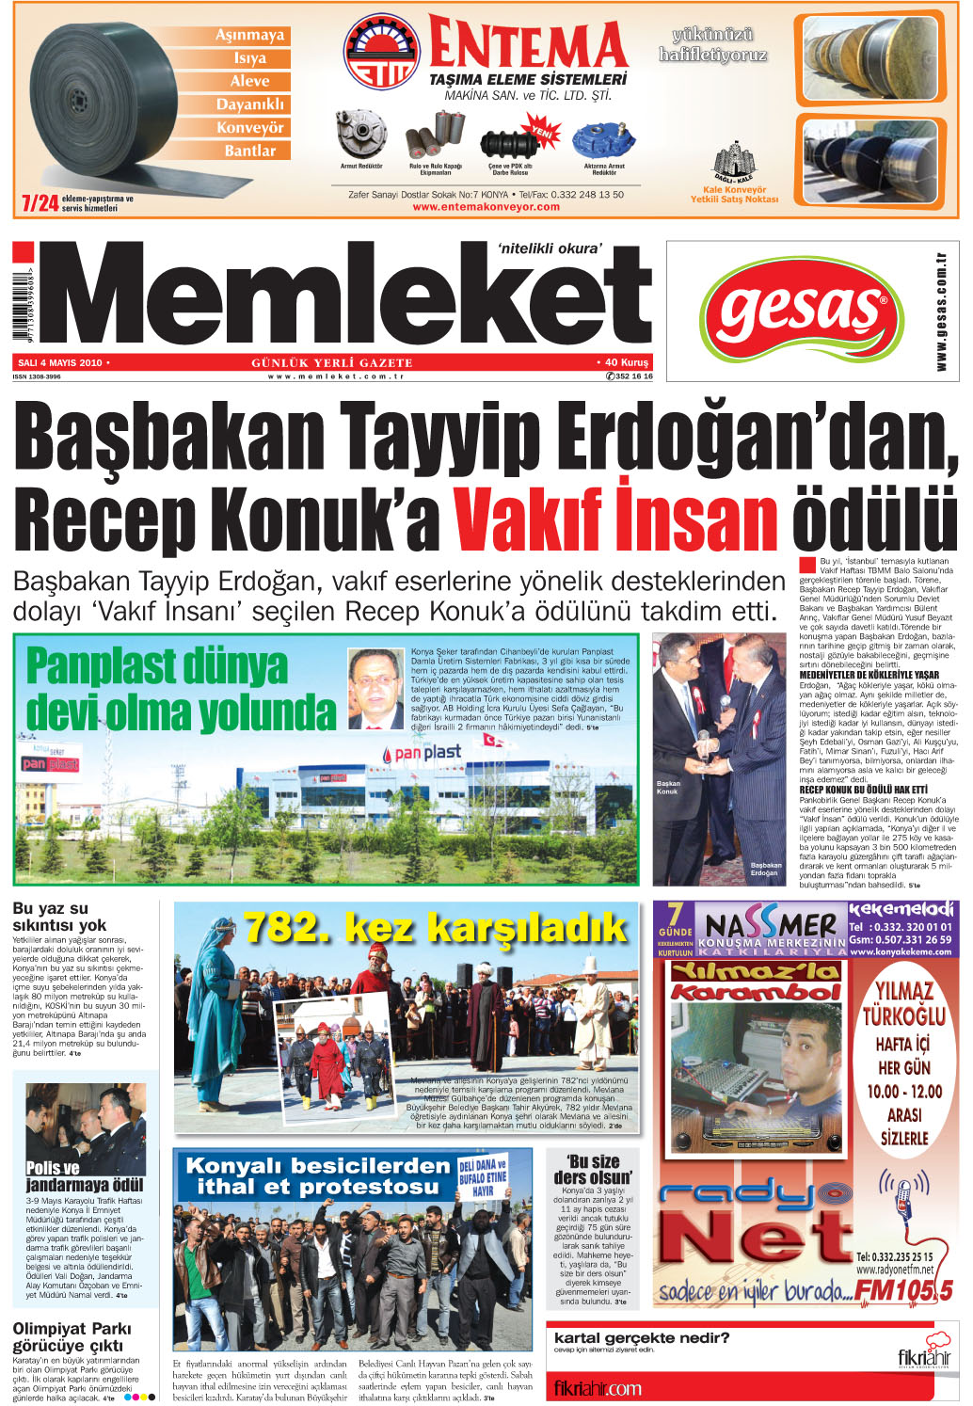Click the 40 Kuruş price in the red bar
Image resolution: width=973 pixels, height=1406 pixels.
click(x=626, y=362)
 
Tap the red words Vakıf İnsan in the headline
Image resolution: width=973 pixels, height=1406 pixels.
click(x=616, y=516)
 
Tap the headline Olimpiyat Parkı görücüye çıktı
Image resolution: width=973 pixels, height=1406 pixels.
click(x=72, y=1336)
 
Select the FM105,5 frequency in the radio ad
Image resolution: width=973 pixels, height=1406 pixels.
click(x=904, y=1289)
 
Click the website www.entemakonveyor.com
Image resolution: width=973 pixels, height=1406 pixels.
click(x=486, y=207)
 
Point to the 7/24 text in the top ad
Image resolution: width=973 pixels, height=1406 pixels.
click(x=40, y=202)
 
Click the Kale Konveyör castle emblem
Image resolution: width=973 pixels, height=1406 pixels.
click(x=734, y=163)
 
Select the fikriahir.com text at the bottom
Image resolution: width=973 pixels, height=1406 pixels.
click(x=598, y=1388)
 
